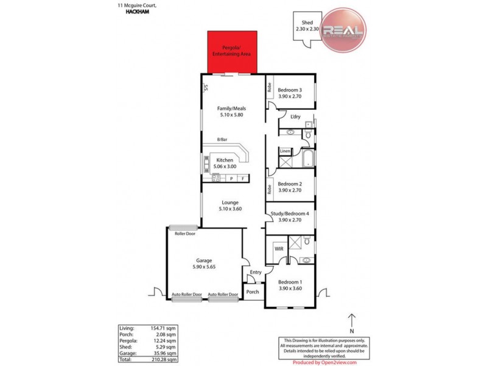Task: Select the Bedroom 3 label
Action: tap(290, 92)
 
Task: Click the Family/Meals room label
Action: tap(231, 111)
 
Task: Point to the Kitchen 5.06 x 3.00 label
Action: tap(225, 163)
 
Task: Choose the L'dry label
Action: tap(296, 117)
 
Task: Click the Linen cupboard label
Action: tap(285, 151)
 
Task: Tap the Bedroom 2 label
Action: tap(290, 187)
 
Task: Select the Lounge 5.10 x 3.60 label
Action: tap(229, 206)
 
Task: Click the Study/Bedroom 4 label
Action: tap(290, 217)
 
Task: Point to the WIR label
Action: tap(279, 249)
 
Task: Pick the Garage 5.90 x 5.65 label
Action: tap(203, 264)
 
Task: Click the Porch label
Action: tap(252, 292)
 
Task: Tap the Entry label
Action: tap(256, 272)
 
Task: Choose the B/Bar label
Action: tap(213, 139)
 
